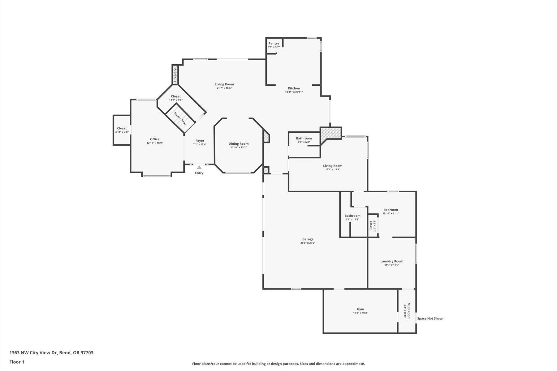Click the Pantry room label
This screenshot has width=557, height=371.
tap(274, 44)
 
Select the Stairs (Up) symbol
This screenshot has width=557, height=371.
tap(180, 118)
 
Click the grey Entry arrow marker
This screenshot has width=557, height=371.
tap(199, 167)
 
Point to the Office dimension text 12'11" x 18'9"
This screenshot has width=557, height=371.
tap(155, 143)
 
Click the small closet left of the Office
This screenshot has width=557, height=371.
tap(122, 130)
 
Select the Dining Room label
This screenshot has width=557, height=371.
tap(239, 143)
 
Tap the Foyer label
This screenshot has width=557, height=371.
tap(200, 141)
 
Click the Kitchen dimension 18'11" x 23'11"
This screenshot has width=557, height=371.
tap(294, 92)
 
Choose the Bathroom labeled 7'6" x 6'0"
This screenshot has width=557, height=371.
tap(304, 140)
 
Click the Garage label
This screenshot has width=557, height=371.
tap(308, 239)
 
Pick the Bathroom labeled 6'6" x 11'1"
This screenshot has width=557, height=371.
tap(352, 217)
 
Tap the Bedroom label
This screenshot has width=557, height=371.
tap(391, 210)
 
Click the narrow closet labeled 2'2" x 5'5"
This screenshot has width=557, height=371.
tap(373, 226)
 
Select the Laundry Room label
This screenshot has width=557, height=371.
tap(391, 261)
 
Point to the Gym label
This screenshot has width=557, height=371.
tap(361, 309)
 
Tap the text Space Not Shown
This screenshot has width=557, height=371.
tap(431, 318)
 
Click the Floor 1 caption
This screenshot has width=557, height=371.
tap(17, 362)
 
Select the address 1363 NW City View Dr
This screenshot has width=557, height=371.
tap(34, 353)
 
